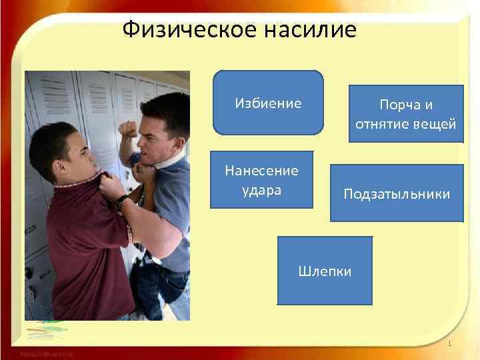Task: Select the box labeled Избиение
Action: pyautogui.click(x=268, y=103)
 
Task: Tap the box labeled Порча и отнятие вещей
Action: pyautogui.click(x=406, y=114)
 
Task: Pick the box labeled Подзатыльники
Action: pyautogui.click(x=397, y=193)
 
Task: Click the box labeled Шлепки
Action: pyautogui.click(x=325, y=271)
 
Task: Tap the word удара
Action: pyautogui.click(x=261, y=189)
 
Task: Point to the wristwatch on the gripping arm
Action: pyautogui.click(x=121, y=202)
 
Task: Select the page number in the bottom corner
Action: pyautogui.click(x=451, y=344)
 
